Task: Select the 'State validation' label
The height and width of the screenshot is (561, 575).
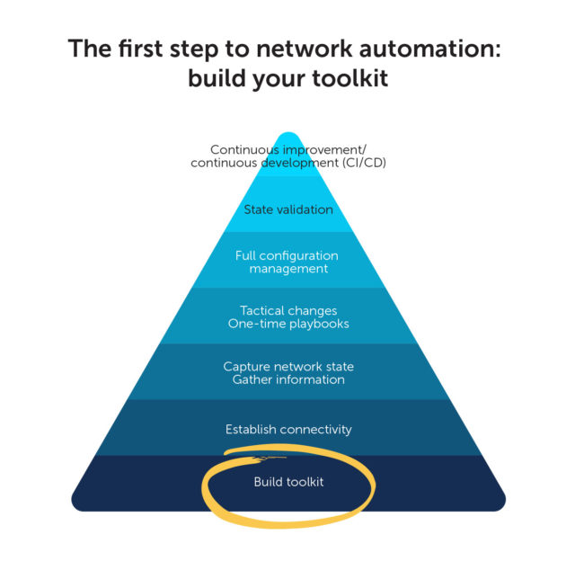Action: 287,210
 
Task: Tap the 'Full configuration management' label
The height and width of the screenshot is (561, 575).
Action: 287,262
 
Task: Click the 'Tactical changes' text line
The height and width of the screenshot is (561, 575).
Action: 287,310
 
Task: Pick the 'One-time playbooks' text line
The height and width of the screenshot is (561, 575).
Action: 287,324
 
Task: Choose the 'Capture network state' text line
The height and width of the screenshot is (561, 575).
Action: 287,366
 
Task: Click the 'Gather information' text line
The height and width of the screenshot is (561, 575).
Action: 287,379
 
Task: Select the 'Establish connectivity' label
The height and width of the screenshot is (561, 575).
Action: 287,430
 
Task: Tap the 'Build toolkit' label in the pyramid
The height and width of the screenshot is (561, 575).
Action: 287,482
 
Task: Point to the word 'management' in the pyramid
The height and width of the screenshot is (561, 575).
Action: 287,269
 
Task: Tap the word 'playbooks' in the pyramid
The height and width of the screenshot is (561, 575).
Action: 316,324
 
